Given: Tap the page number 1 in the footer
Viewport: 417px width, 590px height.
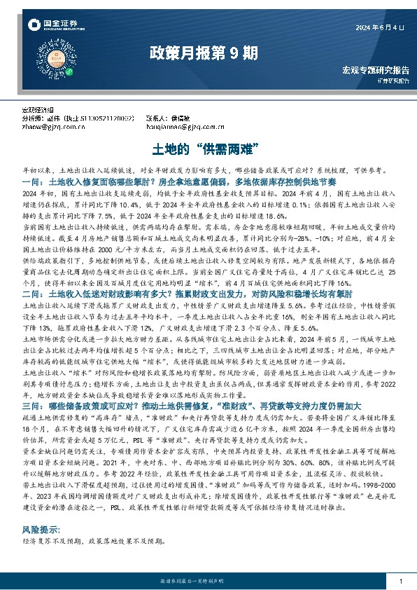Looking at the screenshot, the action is coord(400,582).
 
